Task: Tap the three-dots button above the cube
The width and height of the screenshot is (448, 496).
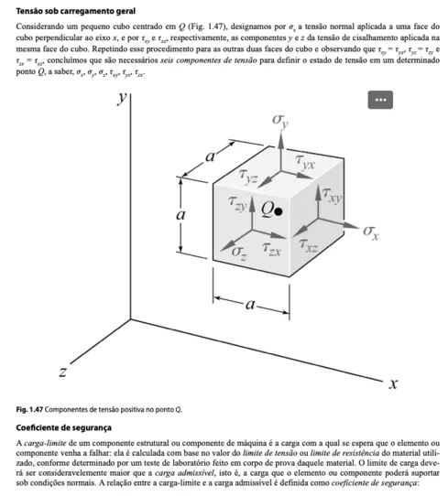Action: point(380,98)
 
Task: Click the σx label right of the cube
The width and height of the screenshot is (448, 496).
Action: point(371,232)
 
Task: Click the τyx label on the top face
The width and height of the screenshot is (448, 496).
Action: point(305,163)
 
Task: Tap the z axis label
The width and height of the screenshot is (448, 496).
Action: point(62,372)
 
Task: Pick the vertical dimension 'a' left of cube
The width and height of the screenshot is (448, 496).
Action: point(181,216)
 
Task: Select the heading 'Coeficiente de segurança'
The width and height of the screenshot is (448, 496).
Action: point(64,427)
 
